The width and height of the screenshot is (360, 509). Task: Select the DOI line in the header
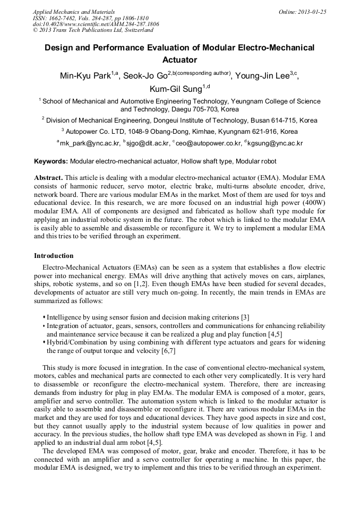pos(96,24)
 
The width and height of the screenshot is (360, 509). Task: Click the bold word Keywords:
pos(51,161)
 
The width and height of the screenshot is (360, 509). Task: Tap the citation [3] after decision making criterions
pos(245,317)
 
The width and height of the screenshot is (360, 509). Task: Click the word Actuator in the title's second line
pos(179,59)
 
